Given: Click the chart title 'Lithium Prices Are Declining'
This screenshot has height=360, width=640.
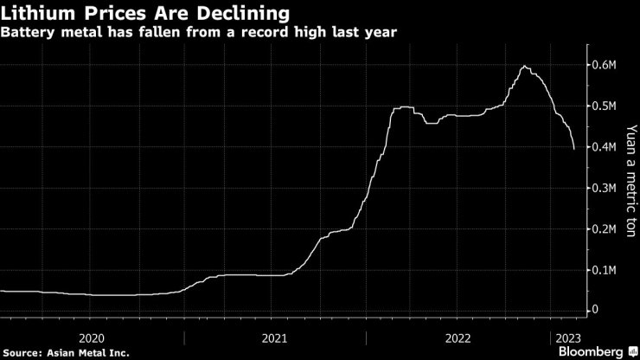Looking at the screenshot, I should tap(145, 13).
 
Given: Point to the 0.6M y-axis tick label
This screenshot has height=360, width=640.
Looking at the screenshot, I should tap(603, 66).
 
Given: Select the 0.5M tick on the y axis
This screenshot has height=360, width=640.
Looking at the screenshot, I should tap(603, 106).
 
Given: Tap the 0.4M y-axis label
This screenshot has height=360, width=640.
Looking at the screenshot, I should tap(603, 147).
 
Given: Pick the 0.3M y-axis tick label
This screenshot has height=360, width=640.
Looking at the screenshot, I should tap(603, 188).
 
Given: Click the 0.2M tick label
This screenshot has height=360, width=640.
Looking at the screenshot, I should tap(603, 228).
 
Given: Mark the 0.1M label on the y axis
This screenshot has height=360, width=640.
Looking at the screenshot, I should tap(603, 269).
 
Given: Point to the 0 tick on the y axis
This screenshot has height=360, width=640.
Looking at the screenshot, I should tap(594, 310).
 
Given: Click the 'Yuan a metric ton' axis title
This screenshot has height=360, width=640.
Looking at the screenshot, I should tap(630, 186).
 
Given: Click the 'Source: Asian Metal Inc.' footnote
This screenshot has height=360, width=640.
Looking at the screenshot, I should tap(66, 352).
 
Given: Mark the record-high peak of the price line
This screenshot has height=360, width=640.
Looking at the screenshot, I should tap(524, 67).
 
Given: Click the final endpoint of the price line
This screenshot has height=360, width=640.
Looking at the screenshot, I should tap(574, 149).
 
